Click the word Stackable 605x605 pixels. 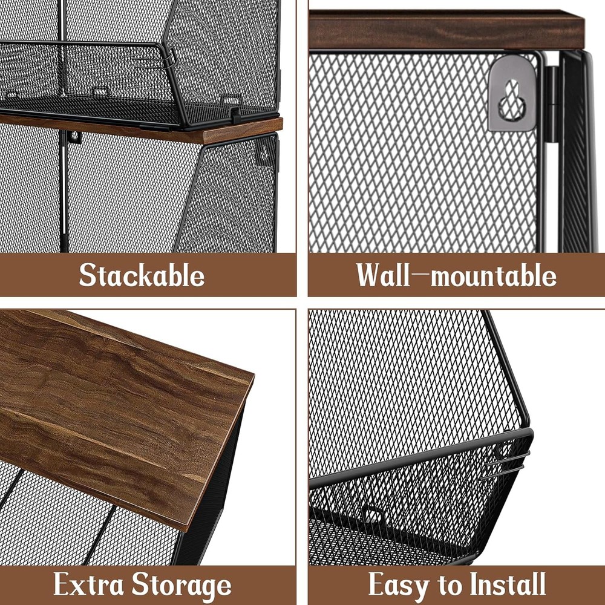pyautogui.click(x=142, y=275)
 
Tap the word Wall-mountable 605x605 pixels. pyautogui.click(x=456, y=275)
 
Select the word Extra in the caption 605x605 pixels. pyautogui.click(x=89, y=585)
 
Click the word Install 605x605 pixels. pyautogui.click(x=508, y=584)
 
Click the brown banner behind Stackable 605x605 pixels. pyautogui.click(x=36, y=275)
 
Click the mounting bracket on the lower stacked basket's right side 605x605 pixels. pyautogui.click(x=264, y=151)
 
